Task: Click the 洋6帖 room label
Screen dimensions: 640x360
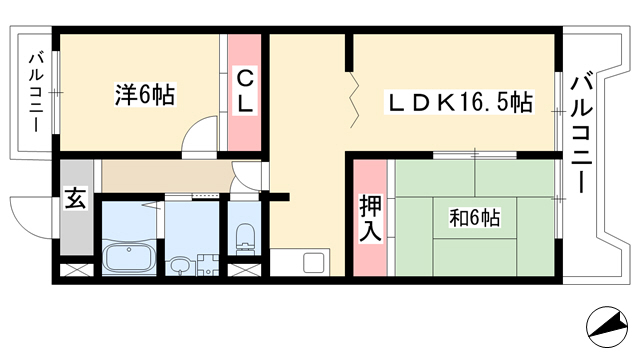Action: (145, 95)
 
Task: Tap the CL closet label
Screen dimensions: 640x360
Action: (244, 91)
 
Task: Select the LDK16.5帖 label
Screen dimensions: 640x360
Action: (459, 102)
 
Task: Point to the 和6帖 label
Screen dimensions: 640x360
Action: (474, 218)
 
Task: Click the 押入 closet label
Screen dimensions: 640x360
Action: (370, 219)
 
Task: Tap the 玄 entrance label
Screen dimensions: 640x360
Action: (76, 198)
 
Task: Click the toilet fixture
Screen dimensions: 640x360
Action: (244, 239)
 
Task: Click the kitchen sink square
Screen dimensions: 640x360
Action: (314, 262)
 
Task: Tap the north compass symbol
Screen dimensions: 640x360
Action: (607, 327)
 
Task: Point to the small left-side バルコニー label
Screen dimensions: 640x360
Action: (36, 92)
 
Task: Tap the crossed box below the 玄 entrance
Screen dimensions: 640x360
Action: (77, 270)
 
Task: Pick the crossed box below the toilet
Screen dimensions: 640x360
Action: (244, 270)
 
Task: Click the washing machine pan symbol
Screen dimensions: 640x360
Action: (208, 265)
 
